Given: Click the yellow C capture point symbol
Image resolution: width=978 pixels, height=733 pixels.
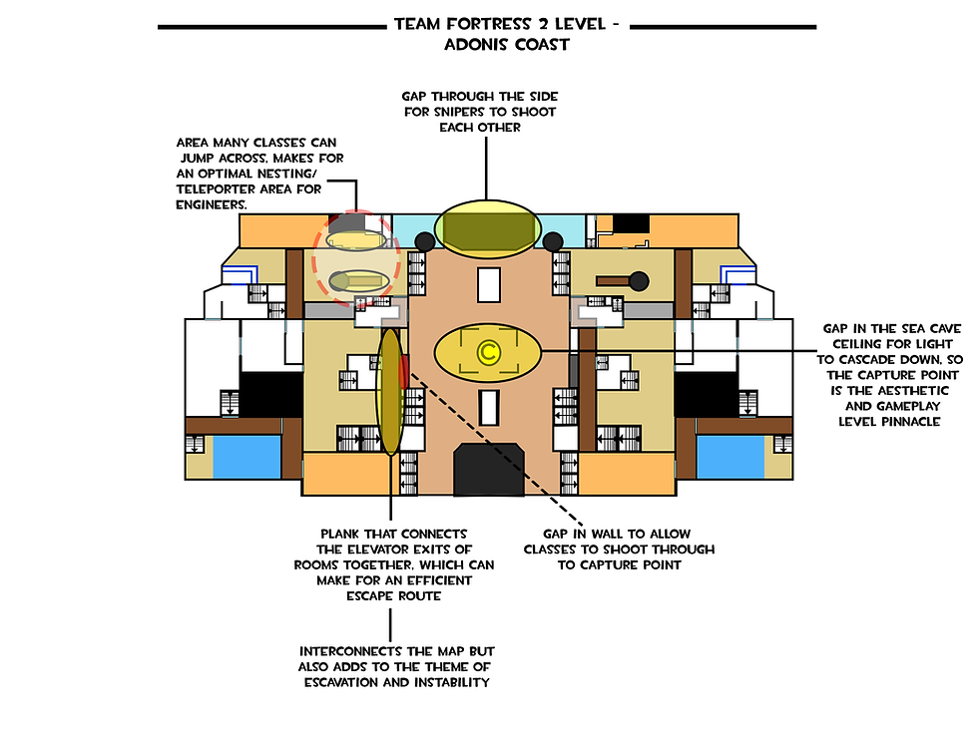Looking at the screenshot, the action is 488,352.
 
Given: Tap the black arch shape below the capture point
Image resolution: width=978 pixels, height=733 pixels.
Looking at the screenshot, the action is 489,470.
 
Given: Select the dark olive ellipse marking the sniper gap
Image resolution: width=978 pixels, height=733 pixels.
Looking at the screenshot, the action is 488,228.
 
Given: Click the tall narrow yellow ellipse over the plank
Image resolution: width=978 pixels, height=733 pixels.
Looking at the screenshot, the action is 390,392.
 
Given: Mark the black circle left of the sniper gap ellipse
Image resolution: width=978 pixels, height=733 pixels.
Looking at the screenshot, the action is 425,241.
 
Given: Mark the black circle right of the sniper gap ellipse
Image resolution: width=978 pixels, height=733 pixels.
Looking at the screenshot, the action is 553,241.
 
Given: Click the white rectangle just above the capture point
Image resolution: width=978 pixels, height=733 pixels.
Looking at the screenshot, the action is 489,285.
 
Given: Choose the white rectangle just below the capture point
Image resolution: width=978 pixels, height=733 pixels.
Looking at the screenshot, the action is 489,408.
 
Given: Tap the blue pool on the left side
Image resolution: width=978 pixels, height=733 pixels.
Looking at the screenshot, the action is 247,457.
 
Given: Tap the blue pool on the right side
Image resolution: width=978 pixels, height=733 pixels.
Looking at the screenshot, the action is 731,457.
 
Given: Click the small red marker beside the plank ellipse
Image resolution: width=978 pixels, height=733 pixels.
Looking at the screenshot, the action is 404,371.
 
